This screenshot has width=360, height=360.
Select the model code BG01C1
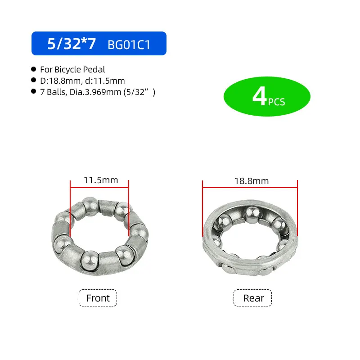(129, 45)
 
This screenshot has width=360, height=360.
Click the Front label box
(98, 298)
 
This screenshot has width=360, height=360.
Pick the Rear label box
(252, 298)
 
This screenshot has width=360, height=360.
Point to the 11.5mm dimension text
(101, 180)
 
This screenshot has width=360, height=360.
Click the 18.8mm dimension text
(251, 181)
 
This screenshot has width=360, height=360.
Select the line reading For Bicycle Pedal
(72, 69)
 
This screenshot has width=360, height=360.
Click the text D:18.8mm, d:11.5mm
(82, 81)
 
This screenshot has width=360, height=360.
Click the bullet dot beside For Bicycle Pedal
(33, 69)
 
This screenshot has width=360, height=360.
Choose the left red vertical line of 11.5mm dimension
(70, 207)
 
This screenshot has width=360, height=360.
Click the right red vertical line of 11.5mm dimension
(129, 207)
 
